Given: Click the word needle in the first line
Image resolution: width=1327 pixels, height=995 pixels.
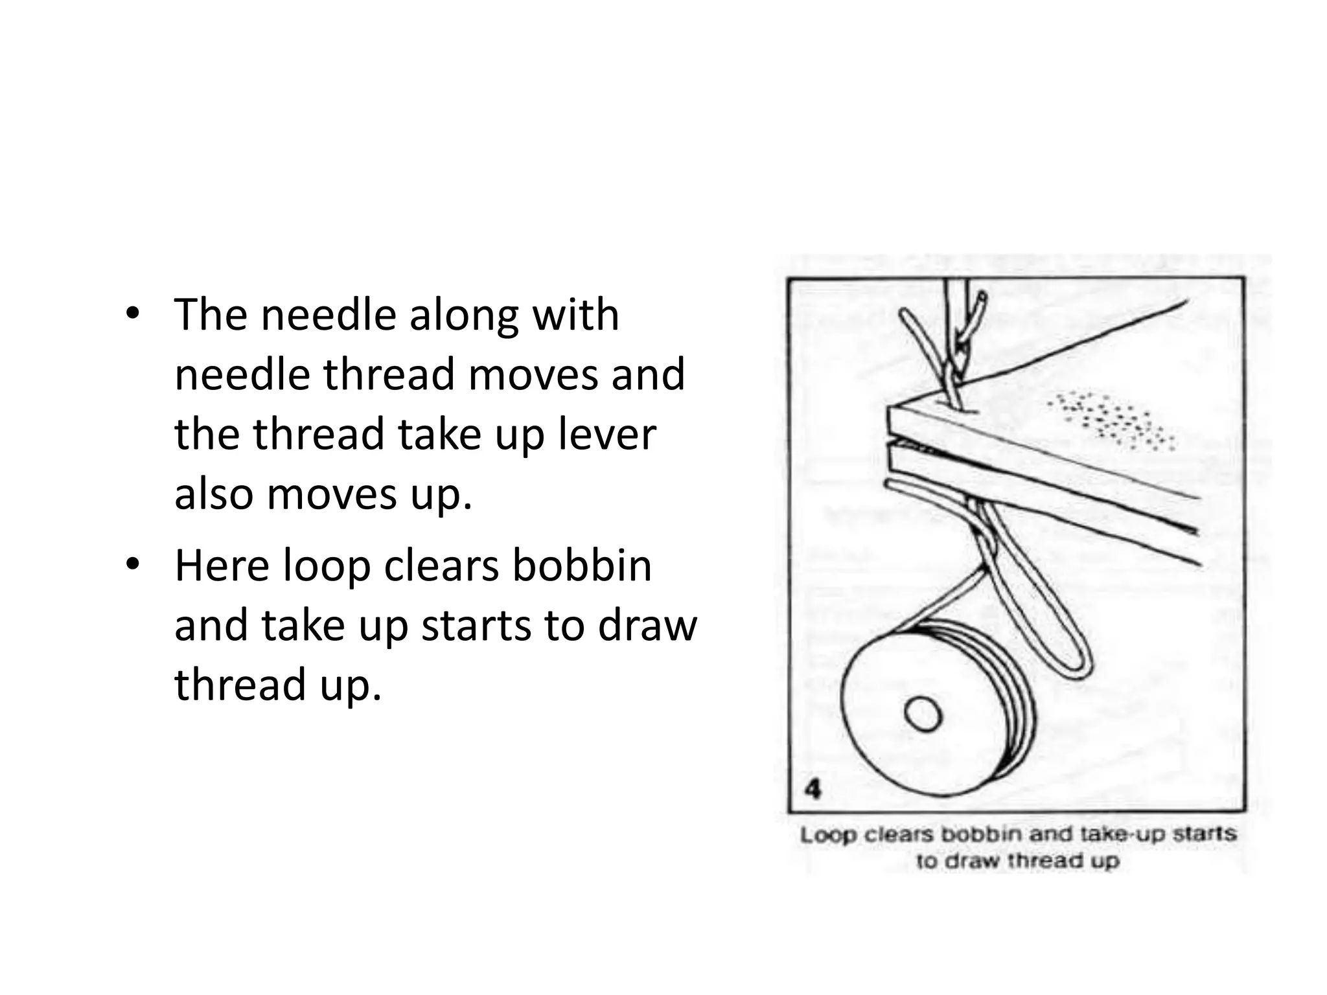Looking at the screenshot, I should (329, 315).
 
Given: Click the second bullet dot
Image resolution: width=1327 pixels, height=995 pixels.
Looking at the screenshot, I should (133, 566).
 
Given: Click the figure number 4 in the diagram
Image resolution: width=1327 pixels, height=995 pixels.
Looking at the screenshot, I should (813, 790).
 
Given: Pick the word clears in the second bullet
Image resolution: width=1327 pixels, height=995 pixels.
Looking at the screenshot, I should (441, 566).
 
